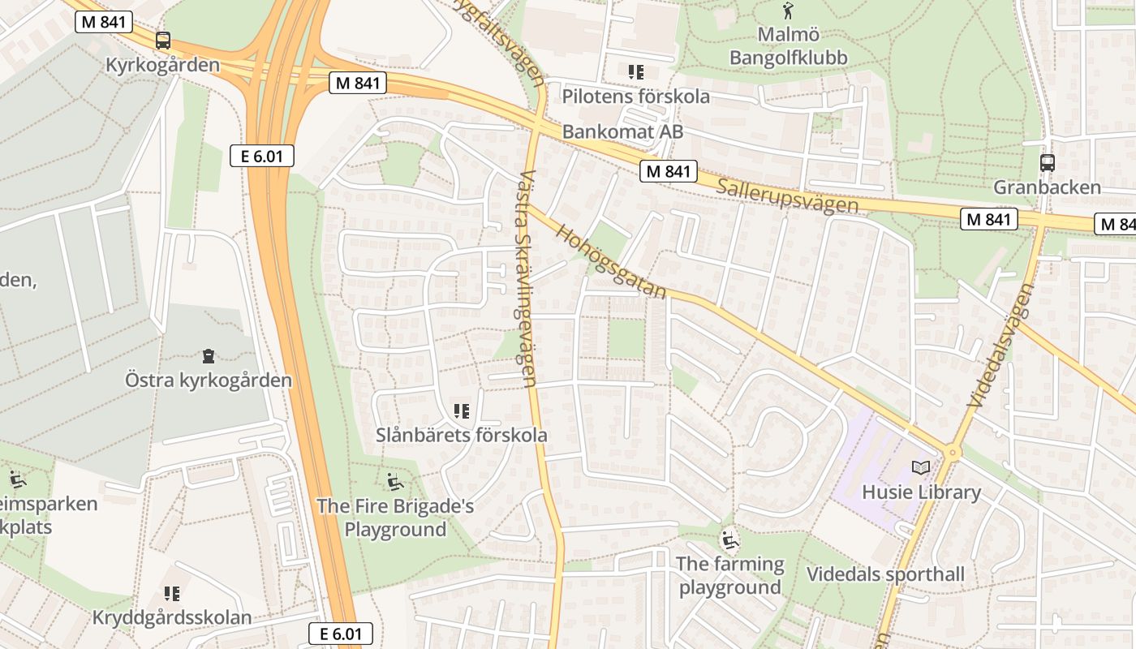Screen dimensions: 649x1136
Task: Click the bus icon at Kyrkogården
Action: [x=163, y=41]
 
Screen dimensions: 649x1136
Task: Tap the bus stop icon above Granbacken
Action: [x=1048, y=162]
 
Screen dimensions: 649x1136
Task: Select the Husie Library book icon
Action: [x=920, y=467]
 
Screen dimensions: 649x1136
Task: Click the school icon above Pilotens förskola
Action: [x=635, y=71]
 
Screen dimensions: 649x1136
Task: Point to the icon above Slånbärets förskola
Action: [x=462, y=411]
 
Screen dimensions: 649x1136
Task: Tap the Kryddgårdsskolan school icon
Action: [x=171, y=594]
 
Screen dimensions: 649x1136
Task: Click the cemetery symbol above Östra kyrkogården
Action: [x=209, y=355]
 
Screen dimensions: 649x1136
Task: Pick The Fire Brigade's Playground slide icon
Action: [x=394, y=482]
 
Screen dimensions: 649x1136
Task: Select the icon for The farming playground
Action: [x=730, y=539]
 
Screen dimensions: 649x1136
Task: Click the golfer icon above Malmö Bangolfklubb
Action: [x=787, y=11]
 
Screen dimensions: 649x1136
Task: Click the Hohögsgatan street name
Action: [x=610, y=261]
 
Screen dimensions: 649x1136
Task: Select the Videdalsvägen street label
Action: [x=1000, y=345]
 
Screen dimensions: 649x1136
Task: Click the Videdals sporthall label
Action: [x=885, y=574]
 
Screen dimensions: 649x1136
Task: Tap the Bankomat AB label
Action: [x=622, y=131]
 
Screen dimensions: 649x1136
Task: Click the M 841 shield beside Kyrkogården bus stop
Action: [x=104, y=22]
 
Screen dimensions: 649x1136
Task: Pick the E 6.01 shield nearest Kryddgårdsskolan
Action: [x=341, y=634]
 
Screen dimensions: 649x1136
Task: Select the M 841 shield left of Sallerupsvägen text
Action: [x=669, y=170]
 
